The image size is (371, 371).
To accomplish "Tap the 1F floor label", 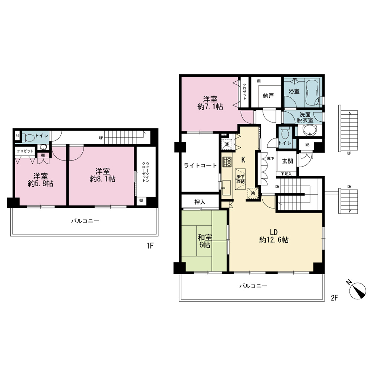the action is [150, 246].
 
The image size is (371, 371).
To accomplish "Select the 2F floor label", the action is [334, 298].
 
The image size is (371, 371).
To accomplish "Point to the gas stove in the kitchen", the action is [227, 162].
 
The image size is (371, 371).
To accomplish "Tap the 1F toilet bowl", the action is [29, 137].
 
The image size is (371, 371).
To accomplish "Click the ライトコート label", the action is [200, 165].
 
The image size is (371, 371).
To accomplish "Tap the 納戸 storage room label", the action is [268, 96].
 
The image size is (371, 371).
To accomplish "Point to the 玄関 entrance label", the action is [288, 161].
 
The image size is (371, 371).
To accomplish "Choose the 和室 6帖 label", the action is [205, 241].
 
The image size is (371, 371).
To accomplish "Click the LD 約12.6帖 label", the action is [274, 236].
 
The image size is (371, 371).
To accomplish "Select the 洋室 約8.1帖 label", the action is [102, 175].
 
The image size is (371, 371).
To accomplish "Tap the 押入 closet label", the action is [200, 202].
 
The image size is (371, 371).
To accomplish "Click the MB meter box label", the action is [307, 145].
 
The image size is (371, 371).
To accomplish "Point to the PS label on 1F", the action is [17, 136].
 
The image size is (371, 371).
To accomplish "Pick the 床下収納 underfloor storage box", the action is [240, 179].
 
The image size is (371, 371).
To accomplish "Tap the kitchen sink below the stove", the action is [226, 188].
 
